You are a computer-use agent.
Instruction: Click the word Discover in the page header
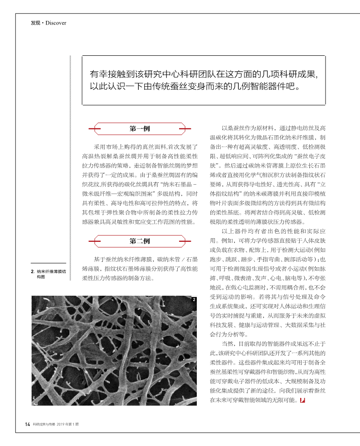pyautogui.click(x=56, y=23)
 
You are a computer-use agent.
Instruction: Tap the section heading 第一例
pyautogui.click(x=140, y=129)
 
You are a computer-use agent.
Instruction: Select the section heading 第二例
pyautogui.click(x=140, y=241)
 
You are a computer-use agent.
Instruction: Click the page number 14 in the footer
pyautogui.click(x=27, y=425)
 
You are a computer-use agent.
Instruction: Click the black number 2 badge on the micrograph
pyautogui.click(x=194, y=299)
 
